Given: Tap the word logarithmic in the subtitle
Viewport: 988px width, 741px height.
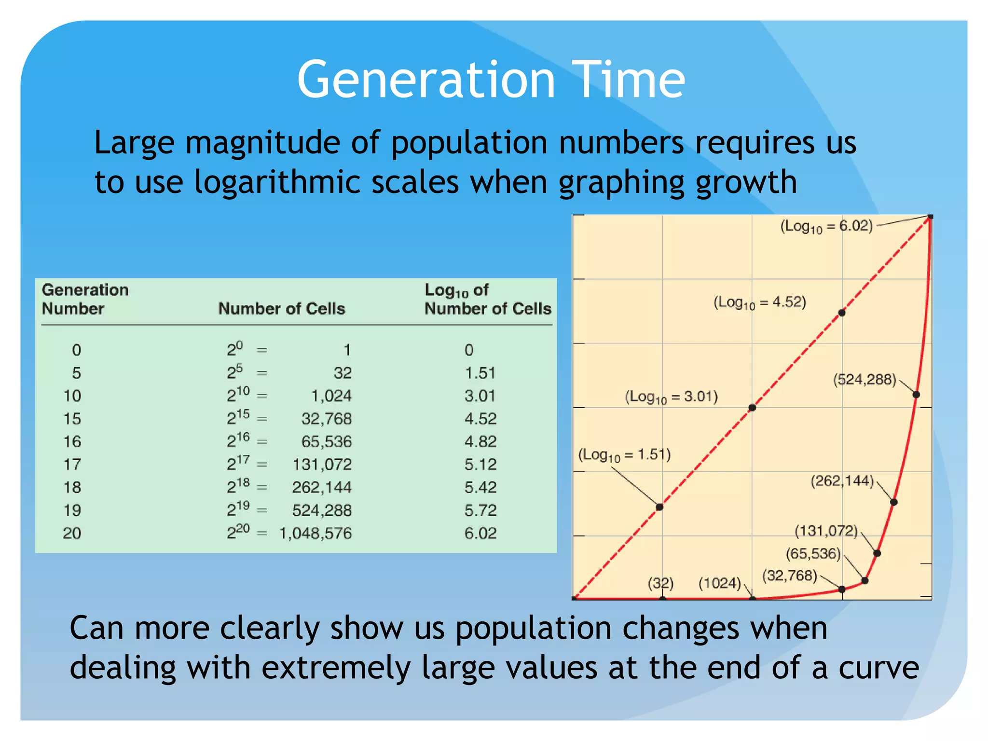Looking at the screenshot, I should click(277, 182).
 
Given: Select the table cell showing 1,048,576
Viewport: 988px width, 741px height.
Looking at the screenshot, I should click(316, 533).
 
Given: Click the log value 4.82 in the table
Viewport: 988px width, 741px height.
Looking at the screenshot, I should click(480, 441).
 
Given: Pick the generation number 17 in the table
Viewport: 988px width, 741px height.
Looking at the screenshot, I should click(72, 464).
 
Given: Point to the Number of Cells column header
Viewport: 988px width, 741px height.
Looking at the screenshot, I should click(282, 308).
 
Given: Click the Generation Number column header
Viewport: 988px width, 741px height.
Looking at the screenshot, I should click(85, 299).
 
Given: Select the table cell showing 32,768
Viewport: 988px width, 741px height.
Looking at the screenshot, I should click(327, 419).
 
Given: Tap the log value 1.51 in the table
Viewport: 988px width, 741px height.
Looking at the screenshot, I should click(480, 373).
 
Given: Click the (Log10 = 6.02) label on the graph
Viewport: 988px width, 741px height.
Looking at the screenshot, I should click(826, 226).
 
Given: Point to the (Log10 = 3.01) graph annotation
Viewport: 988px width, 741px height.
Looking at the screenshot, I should click(671, 397).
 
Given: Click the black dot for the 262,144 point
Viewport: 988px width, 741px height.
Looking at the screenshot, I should click(893, 502).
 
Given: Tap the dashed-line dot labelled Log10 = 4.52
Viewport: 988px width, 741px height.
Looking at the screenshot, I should click(842, 313).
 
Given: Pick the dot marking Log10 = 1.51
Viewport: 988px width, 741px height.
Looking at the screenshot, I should click(659, 507).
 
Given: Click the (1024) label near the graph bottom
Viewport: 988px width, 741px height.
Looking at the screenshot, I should click(719, 583).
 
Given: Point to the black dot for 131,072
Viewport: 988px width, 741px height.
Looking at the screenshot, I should click(877, 553).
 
